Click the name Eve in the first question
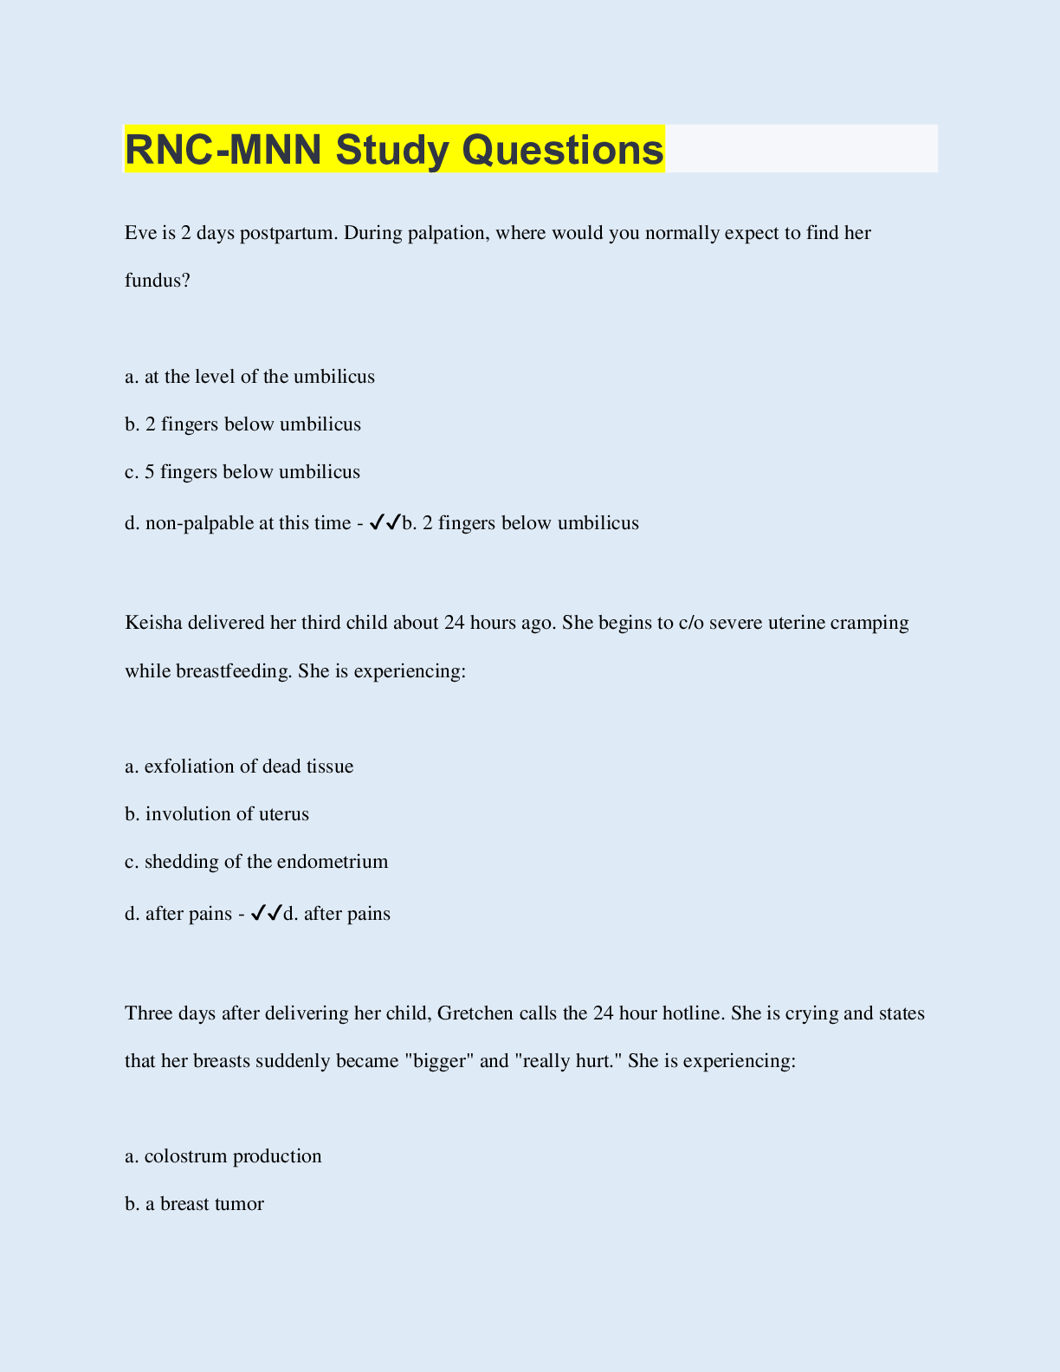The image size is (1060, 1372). coord(139,233)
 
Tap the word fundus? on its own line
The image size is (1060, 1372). coord(158,281)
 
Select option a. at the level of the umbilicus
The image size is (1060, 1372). coord(249,377)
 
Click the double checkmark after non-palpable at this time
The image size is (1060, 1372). coord(385,522)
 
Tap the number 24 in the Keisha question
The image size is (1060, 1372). coord(454,623)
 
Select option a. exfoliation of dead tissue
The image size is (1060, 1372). coord(239,767)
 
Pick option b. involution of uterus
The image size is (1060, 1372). coord(217,814)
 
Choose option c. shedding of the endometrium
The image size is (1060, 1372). coord(256,862)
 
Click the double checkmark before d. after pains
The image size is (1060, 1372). coord(266,913)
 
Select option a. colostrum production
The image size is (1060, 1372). coord(223,1156)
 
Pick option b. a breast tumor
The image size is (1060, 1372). coord(194,1204)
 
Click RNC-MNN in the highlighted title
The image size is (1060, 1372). coord(223,149)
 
